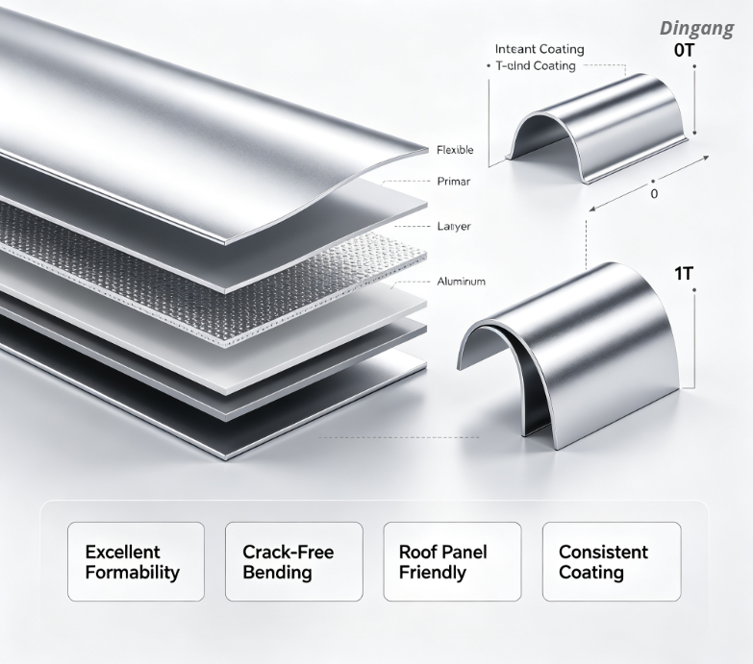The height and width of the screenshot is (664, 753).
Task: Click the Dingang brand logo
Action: [697, 29]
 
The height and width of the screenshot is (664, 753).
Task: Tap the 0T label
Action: [685, 50]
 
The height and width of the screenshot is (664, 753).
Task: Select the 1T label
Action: [684, 274]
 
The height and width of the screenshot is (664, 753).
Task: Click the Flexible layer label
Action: [455, 150]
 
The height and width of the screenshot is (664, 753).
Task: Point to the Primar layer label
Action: [453, 182]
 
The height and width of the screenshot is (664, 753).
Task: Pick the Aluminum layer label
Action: [461, 282]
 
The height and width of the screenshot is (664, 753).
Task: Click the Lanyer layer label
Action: [454, 226]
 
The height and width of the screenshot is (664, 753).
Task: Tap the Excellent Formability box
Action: [136, 561]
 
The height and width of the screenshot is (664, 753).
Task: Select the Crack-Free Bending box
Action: [294, 561]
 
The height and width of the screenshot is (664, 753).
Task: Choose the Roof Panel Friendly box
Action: [452, 561]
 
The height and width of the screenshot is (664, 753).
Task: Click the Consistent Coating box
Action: [612, 561]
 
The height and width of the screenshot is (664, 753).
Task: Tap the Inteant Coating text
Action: [540, 49]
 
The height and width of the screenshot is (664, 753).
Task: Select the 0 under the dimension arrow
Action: [654, 194]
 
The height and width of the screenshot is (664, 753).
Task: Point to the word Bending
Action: [277, 573]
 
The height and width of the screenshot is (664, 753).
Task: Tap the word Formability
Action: [132, 573]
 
